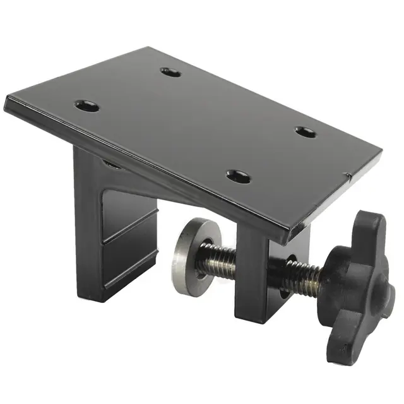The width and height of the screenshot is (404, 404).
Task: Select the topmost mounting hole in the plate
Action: click(x=170, y=72)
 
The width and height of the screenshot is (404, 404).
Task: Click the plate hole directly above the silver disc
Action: click(x=238, y=176)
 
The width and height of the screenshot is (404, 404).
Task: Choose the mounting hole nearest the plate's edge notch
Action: click(x=306, y=132)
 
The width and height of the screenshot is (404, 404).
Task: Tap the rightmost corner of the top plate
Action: click(x=381, y=152)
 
